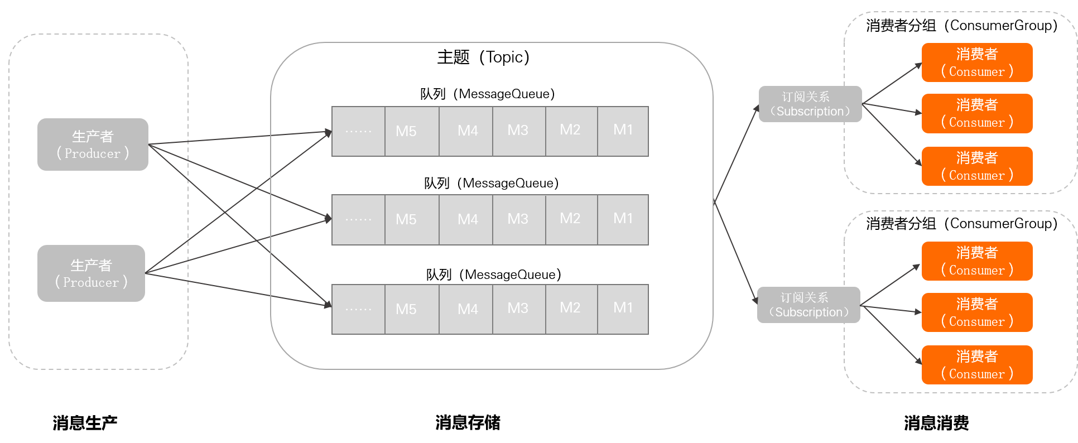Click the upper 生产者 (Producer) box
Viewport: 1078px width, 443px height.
[93, 144]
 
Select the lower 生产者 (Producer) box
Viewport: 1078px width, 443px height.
[91, 273]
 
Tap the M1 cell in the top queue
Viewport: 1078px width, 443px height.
[623, 131]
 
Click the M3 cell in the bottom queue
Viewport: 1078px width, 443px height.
[519, 309]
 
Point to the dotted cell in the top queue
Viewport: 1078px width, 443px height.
[358, 131]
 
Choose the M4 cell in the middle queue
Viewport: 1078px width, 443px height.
[466, 220]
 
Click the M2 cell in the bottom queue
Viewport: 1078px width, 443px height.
[571, 309]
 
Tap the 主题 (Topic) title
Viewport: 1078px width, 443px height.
[483, 57]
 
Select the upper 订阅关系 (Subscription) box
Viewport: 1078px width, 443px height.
[810, 104]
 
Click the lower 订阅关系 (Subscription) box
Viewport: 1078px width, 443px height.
[808, 305]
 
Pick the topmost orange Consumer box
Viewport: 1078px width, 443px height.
[977, 62]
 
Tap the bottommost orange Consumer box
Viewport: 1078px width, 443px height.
[977, 365]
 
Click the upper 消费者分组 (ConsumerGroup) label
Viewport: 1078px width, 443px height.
[962, 26]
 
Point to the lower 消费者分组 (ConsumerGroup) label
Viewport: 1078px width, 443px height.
[962, 224]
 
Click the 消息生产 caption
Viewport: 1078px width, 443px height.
[85, 423]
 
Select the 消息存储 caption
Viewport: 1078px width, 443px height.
[468, 423]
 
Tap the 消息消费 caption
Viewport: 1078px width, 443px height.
[936, 423]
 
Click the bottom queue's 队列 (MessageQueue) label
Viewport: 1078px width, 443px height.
[494, 275]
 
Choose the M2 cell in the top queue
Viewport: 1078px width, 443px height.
[571, 131]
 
